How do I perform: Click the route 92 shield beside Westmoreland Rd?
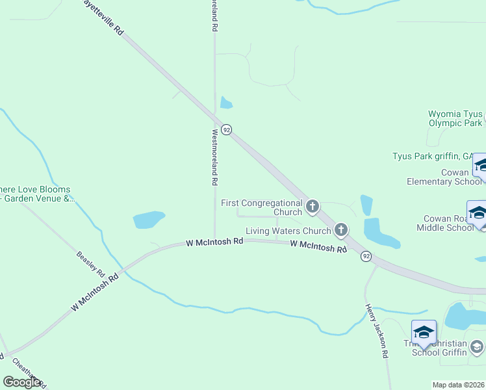[226, 129]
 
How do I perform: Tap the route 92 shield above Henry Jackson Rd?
[366, 256]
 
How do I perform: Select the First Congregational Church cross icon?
[313, 207]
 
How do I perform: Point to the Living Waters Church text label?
[288, 231]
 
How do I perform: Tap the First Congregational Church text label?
[262, 207]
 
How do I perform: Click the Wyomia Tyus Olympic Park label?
[455, 118]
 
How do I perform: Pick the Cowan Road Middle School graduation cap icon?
[478, 213]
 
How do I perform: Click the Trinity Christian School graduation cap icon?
[423, 332]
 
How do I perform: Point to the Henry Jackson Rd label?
[377, 331]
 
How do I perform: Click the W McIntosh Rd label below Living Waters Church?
[318, 246]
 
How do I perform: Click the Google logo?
[21, 382]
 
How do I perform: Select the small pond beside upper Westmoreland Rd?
[226, 102]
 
